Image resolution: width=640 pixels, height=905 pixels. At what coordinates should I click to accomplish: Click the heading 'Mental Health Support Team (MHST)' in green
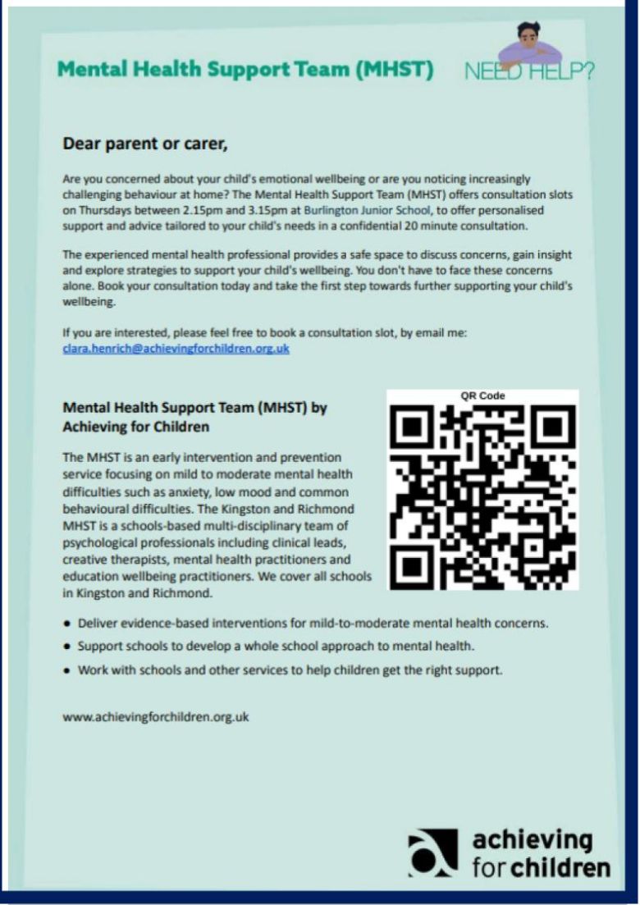[245, 70]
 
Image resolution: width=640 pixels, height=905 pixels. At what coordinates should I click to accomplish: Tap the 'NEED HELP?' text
[529, 72]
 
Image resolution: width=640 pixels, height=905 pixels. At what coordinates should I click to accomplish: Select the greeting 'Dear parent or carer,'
[144, 144]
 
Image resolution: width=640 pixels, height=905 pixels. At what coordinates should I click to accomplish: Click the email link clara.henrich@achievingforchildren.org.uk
[176, 348]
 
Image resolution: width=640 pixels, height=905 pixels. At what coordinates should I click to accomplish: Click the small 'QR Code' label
[482, 395]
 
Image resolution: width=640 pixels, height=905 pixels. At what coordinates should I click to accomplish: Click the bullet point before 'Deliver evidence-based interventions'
[66, 624]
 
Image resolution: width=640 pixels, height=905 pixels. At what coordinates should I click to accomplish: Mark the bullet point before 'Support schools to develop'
[66, 647]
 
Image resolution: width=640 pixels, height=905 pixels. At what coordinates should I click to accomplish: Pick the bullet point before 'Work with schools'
[66, 670]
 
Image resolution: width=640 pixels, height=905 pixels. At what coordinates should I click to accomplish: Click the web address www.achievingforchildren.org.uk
[156, 716]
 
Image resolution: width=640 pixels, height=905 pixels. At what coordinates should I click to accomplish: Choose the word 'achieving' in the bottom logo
[532, 840]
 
